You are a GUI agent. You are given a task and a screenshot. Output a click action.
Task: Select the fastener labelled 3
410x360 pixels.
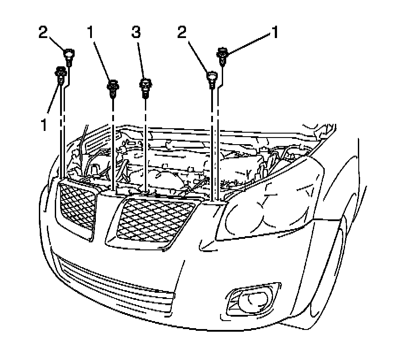click(x=145, y=86)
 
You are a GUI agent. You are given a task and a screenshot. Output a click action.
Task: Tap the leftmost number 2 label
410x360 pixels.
click(x=43, y=33)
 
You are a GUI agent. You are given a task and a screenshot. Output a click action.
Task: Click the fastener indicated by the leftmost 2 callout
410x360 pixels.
click(x=69, y=57)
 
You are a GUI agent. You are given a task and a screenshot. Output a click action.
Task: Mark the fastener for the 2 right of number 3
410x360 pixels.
click(x=212, y=79)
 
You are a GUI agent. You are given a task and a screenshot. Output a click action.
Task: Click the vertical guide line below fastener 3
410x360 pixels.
click(x=145, y=146)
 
